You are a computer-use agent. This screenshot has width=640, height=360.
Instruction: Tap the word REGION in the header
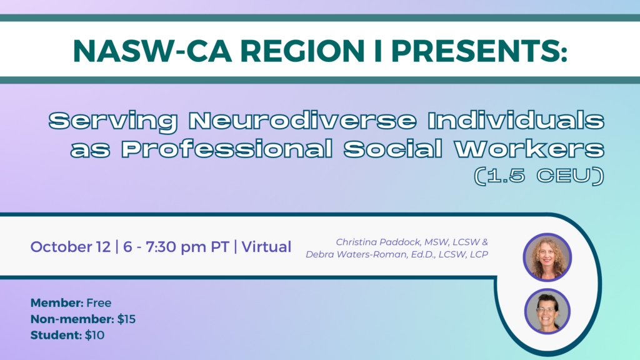(302, 51)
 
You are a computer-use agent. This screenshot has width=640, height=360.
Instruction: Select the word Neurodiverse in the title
(302, 121)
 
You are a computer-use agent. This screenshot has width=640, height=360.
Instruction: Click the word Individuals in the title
(516, 121)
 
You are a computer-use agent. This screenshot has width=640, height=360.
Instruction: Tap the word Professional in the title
(227, 149)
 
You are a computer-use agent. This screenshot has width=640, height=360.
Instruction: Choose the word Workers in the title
(529, 149)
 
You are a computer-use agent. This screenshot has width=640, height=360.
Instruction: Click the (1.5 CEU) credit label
(539, 176)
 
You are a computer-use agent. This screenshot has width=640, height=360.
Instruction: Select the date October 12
(70, 247)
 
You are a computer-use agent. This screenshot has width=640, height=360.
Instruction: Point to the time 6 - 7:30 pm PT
(176, 247)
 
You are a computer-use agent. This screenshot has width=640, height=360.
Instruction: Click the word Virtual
(266, 247)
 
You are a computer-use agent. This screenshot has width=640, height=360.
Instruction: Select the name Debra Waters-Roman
(357, 254)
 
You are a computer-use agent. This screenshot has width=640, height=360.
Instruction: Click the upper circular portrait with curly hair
(547, 257)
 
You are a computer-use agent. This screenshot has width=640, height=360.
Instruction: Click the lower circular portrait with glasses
(547, 311)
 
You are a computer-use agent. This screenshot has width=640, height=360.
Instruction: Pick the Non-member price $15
(126, 319)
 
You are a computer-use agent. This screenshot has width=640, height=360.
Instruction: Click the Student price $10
(95, 336)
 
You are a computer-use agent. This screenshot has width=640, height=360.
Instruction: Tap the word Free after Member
(99, 303)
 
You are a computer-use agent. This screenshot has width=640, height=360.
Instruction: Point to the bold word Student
(56, 336)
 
